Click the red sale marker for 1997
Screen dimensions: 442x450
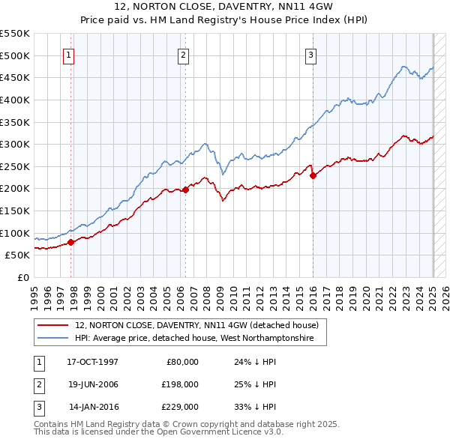click(71, 242)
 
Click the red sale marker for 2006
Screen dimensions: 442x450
click(186, 190)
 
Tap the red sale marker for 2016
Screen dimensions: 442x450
click(313, 176)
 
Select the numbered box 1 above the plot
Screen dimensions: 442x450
click(68, 54)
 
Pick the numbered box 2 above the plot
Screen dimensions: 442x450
click(183, 54)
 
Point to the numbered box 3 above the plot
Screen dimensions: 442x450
click(310, 54)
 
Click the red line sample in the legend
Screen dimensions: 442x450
click(52, 325)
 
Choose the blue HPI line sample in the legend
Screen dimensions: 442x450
click(52, 339)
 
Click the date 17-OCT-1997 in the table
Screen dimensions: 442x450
click(92, 362)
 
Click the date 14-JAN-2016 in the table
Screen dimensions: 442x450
click(93, 408)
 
